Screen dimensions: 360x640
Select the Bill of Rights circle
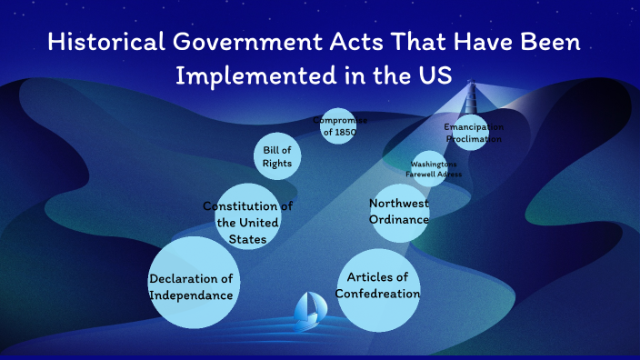pyautogui.click(x=277, y=156)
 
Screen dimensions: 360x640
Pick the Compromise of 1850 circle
pyautogui.click(x=336, y=126)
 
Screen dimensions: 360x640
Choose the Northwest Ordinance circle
pyautogui.click(x=400, y=212)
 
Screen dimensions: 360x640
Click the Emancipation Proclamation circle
pyautogui.click(x=473, y=133)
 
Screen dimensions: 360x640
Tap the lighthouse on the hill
pyautogui.click(x=473, y=95)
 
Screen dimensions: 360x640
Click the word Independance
pyautogui.click(x=193, y=295)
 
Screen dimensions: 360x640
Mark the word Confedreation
pyautogui.click(x=378, y=294)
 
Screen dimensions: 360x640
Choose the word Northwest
pyautogui.click(x=399, y=203)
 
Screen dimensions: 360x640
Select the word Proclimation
pyautogui.click(x=474, y=139)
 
